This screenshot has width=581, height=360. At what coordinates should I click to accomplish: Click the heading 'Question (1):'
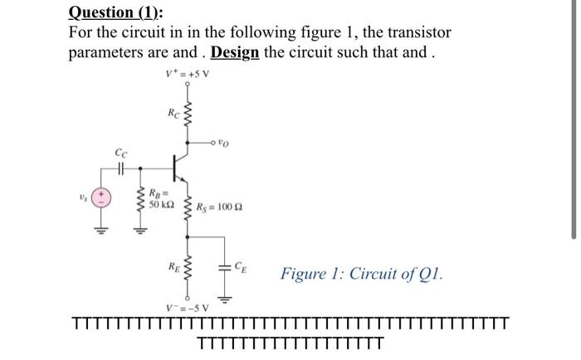[x=115, y=12]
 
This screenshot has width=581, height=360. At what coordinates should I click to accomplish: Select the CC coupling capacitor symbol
[x=121, y=168]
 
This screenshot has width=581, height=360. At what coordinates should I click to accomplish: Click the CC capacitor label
[x=121, y=152]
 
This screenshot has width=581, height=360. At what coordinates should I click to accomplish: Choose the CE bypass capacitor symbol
[x=223, y=267]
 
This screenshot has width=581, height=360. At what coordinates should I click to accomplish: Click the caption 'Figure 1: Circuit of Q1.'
[x=361, y=273]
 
